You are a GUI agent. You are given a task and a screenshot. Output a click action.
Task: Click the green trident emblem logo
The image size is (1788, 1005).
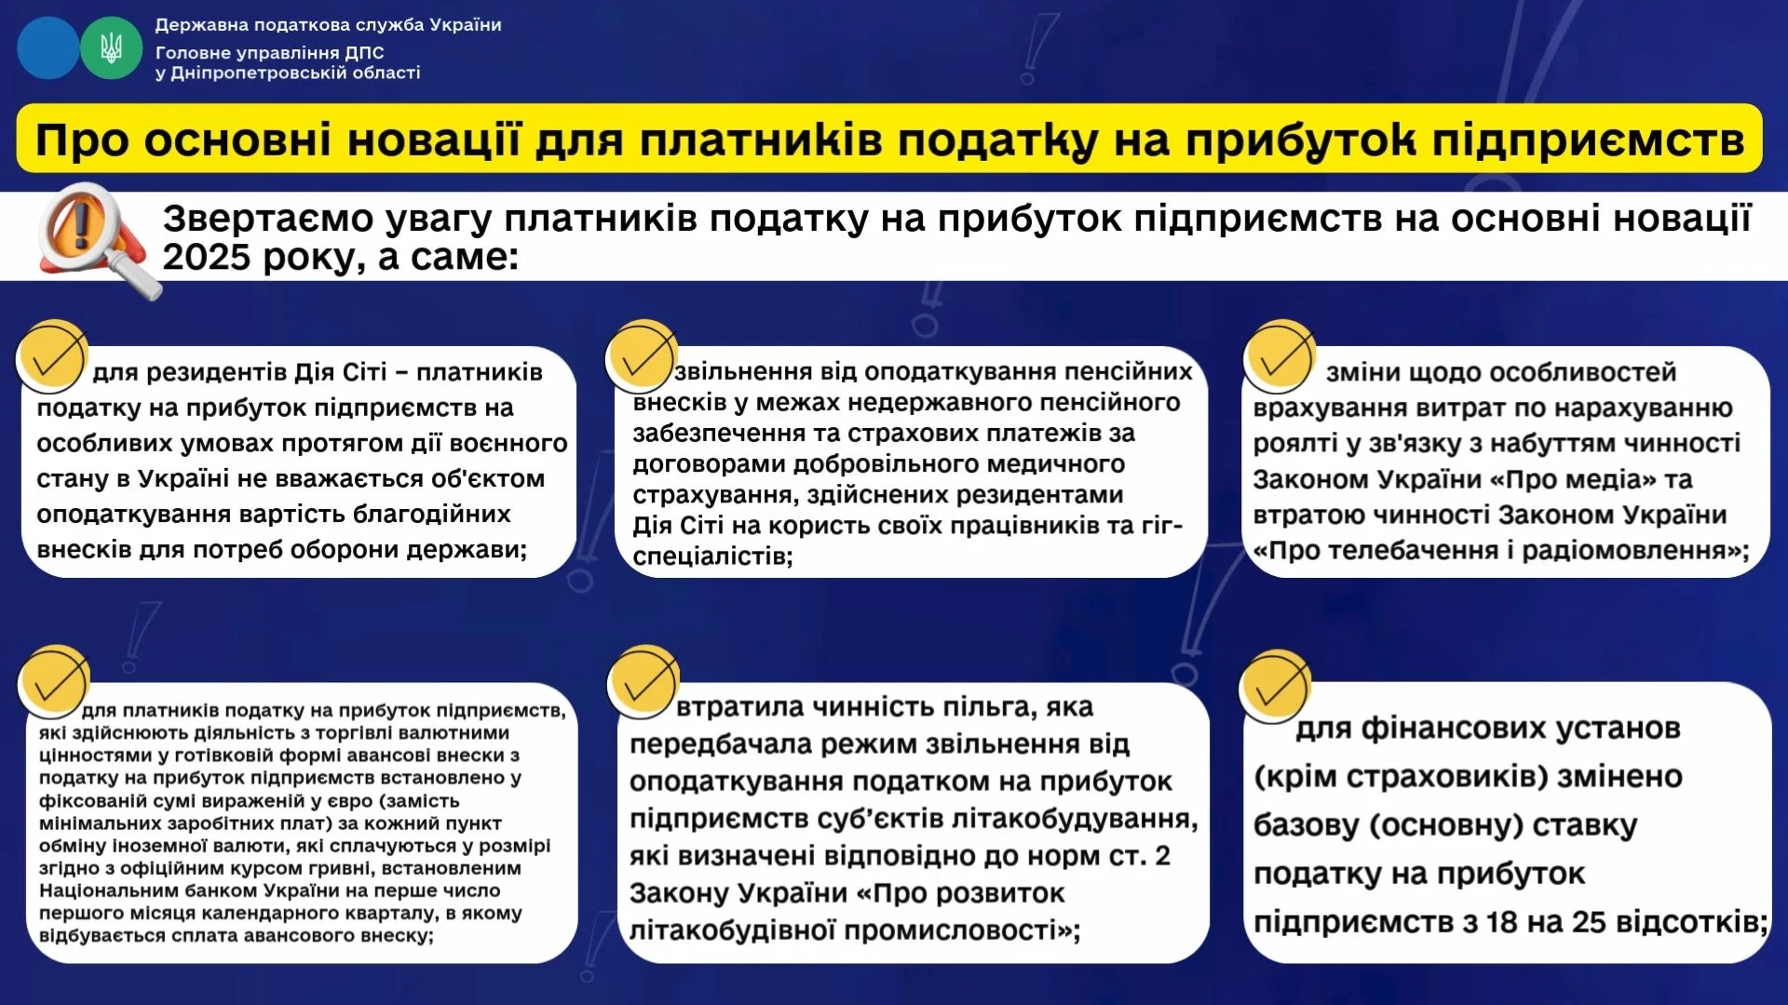click(x=111, y=47)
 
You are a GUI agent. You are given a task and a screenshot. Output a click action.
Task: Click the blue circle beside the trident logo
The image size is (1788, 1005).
click(x=47, y=47)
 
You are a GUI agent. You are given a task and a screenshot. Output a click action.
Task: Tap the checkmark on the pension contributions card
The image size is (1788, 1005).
click(x=641, y=356)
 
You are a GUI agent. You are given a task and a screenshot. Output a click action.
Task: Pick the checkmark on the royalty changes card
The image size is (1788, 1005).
click(x=1280, y=356)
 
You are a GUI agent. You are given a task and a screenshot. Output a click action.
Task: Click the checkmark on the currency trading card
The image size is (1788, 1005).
click(x=53, y=681)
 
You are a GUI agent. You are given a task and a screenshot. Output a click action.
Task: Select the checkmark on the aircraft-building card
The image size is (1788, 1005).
click(x=642, y=682)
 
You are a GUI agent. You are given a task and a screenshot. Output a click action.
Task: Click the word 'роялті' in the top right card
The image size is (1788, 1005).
click(x=1294, y=444)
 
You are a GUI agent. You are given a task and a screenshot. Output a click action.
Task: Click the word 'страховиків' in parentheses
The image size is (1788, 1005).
click(x=1443, y=777)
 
